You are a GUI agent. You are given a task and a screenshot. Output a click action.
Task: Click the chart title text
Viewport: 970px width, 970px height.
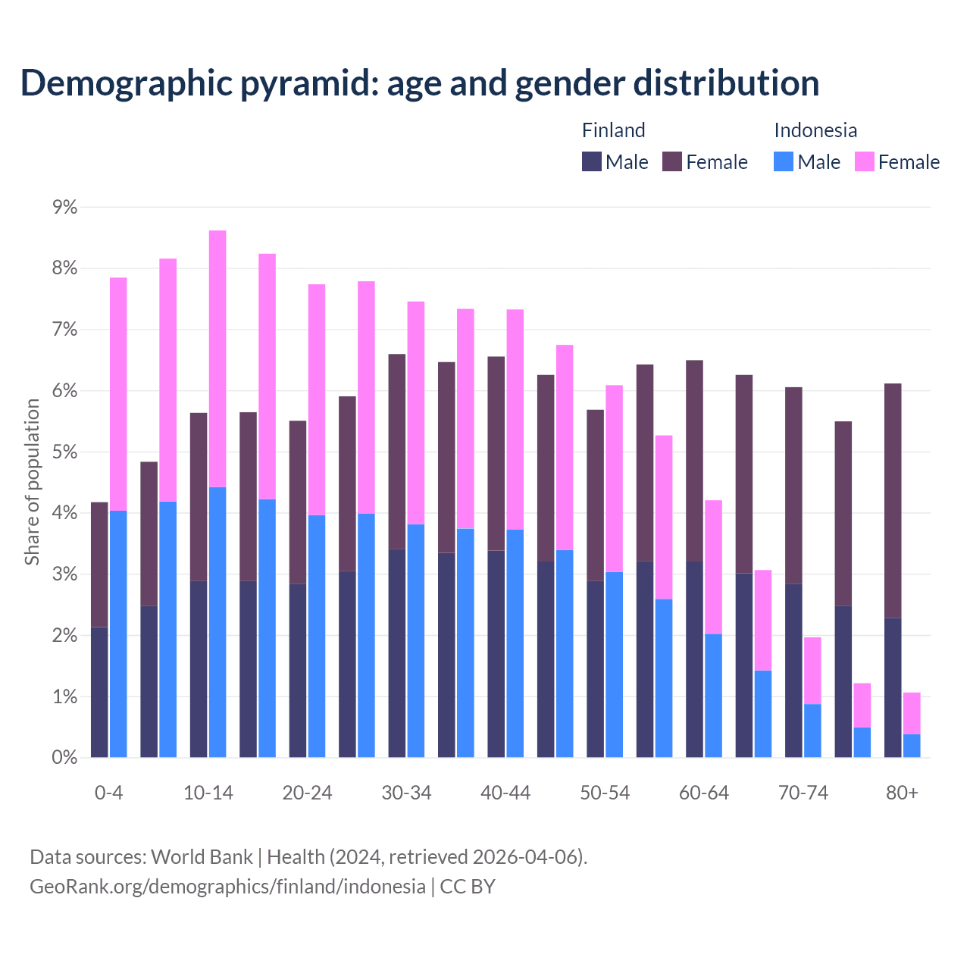tap(420, 83)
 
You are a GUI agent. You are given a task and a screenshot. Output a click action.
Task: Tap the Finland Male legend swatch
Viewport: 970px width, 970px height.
tap(592, 161)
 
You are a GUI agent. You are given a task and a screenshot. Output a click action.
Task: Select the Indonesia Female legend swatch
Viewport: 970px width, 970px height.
tap(864, 161)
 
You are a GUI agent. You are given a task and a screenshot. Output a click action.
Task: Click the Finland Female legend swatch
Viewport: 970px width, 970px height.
tap(672, 161)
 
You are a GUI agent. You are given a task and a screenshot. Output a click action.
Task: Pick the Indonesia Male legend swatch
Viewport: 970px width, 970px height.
tap(784, 161)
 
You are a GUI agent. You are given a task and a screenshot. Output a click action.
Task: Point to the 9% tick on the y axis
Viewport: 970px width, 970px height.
tap(65, 207)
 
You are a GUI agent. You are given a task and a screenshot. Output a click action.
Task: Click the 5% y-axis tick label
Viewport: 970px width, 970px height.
tap(65, 452)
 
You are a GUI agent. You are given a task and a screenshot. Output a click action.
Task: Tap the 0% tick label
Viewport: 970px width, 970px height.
tap(65, 757)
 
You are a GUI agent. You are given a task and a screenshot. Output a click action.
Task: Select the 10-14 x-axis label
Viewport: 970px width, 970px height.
tap(208, 793)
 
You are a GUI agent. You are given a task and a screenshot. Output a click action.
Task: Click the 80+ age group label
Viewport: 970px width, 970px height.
tap(902, 793)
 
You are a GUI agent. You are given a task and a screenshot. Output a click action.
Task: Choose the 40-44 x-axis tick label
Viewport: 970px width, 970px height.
tap(505, 793)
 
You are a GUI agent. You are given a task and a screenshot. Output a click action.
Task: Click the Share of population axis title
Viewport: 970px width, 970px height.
tap(32, 482)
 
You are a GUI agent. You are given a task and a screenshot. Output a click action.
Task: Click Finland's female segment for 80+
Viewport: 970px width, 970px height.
tap(893, 500)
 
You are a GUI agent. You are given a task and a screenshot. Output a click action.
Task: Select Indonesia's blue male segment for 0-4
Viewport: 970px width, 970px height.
tap(118, 634)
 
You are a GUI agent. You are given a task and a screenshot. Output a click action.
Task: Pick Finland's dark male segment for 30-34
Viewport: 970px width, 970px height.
tap(397, 652)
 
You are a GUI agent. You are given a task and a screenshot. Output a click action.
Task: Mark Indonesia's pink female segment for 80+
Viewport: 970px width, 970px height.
tap(912, 713)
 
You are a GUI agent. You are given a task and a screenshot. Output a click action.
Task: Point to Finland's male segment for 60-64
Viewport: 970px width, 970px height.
tap(694, 659)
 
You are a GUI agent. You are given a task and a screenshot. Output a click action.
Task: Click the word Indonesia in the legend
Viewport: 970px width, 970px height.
tap(815, 130)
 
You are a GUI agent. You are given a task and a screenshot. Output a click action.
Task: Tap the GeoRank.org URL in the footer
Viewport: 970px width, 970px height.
tap(227, 886)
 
